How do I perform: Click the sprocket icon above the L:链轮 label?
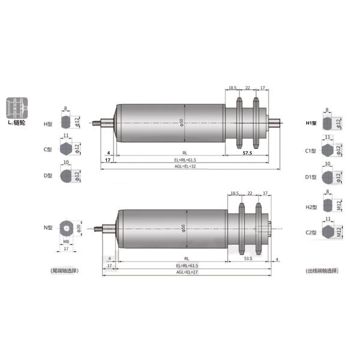click(x=16, y=108)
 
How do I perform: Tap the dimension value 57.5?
click(x=247, y=153)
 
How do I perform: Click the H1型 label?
click(x=310, y=124)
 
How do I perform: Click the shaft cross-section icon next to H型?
click(x=66, y=123)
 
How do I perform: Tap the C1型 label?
click(x=310, y=151)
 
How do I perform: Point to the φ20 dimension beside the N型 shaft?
click(x=79, y=227)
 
